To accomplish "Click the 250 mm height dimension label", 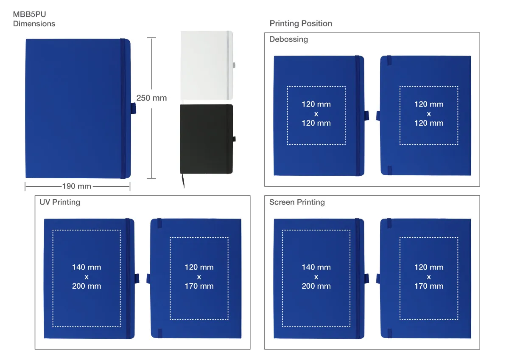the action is pyautogui.click(x=151, y=98).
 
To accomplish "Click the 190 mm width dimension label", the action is pyautogui.click(x=77, y=186).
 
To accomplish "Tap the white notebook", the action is pyautogui.click(x=207, y=65).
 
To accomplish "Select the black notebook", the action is pyautogui.click(x=207, y=139).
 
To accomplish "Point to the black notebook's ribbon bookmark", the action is pyautogui.click(x=183, y=181).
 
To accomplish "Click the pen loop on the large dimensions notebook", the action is pyautogui.click(x=133, y=108).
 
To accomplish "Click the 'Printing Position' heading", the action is pyautogui.click(x=301, y=23).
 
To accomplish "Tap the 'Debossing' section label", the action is pyautogui.click(x=288, y=39).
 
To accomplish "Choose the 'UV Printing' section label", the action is pyautogui.click(x=60, y=202).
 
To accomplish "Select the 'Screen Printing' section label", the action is pyautogui.click(x=297, y=202).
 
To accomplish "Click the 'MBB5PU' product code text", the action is pyautogui.click(x=29, y=14).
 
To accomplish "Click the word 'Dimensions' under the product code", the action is pyautogui.click(x=34, y=24).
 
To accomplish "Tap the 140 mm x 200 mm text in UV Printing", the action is pyautogui.click(x=87, y=276).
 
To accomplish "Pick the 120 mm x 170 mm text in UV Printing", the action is pyautogui.click(x=199, y=276).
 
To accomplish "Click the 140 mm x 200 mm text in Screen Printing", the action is pyautogui.click(x=316, y=276).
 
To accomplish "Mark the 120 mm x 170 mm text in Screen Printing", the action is pyautogui.click(x=429, y=276).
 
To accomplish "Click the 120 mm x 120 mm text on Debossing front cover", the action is pyautogui.click(x=316, y=114).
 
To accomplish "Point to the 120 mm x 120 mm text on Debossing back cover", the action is pyautogui.click(x=429, y=114).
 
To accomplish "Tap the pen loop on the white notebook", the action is pyautogui.click(x=234, y=65).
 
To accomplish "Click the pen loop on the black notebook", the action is pyautogui.click(x=234, y=139).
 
